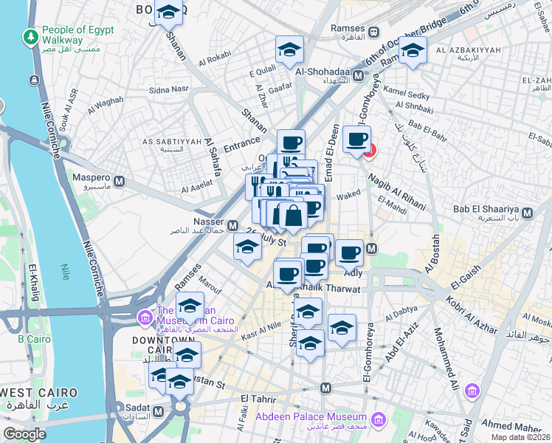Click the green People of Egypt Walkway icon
click(x=31, y=36)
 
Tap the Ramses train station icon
click(x=374, y=32)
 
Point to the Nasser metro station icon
click(x=233, y=225)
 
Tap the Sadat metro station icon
click(x=158, y=411)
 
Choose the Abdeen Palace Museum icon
click(x=379, y=421)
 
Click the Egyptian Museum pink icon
click(x=144, y=318)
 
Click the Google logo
click(x=24, y=434)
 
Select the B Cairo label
click(x=32, y=340)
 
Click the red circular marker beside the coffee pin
click(x=370, y=151)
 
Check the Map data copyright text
click(x=520, y=437)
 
